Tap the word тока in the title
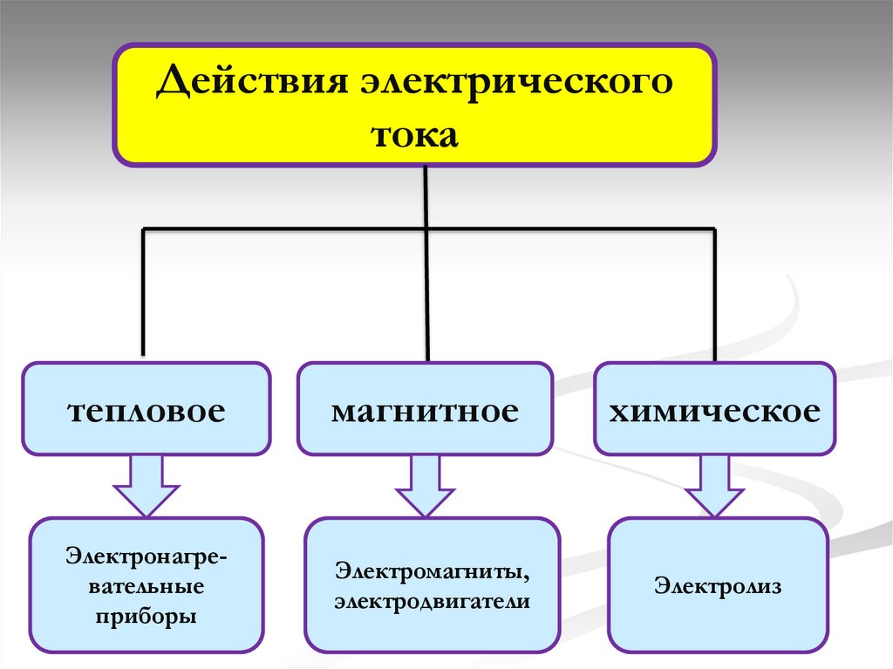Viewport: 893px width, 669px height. tap(415, 135)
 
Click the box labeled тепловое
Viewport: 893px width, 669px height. tap(147, 409)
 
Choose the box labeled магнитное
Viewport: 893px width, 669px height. tap(425, 409)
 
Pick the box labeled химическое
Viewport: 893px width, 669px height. tap(714, 409)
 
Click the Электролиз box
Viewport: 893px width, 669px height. tap(718, 584)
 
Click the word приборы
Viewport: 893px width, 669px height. tap(146, 616)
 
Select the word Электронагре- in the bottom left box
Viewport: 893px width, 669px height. tap(146, 554)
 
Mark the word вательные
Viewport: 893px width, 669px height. tap(146, 584)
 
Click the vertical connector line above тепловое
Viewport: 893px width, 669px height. tap(144, 297)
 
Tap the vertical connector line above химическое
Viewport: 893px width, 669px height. tap(715, 297)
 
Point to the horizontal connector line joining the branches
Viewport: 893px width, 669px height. tap(288, 229)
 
